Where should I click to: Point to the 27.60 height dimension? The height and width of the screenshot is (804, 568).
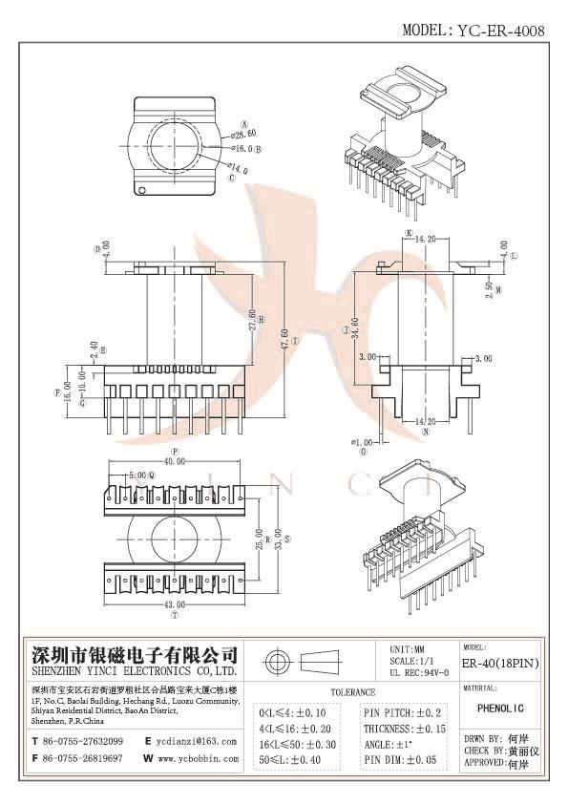click(x=252, y=318)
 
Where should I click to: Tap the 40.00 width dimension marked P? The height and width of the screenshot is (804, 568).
click(x=175, y=461)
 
